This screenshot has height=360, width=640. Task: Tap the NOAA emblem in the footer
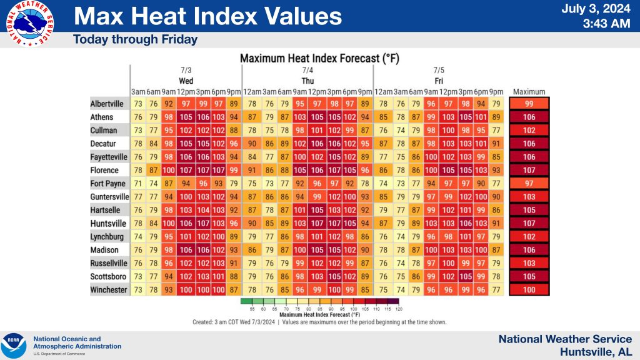pyautogui.click(x=14, y=346)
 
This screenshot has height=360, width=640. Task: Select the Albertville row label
pyautogui.click(x=107, y=104)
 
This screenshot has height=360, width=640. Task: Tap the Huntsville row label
pyautogui.click(x=107, y=224)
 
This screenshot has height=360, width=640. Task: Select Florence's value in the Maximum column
pyautogui.click(x=529, y=171)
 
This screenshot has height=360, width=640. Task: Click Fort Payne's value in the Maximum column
pyautogui.click(x=529, y=184)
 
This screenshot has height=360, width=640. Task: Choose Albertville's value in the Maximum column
pyautogui.click(x=529, y=104)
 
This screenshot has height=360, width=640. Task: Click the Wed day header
pyautogui.click(x=186, y=81)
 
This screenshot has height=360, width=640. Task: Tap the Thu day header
pyautogui.click(x=308, y=81)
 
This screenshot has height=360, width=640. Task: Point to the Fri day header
pyautogui.click(x=439, y=81)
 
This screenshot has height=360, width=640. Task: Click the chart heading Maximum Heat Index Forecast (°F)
pyautogui.click(x=319, y=58)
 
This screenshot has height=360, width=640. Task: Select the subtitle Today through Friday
pyautogui.click(x=135, y=39)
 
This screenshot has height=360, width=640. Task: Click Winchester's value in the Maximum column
pyautogui.click(x=529, y=290)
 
